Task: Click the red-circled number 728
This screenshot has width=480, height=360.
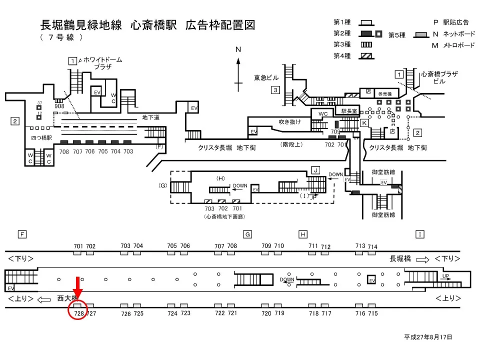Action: point(78,313)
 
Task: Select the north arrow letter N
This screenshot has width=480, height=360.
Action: point(238,49)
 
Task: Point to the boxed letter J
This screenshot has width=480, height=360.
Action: point(315,170)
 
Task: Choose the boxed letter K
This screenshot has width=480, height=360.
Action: point(364,122)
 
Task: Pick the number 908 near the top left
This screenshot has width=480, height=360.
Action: point(59,106)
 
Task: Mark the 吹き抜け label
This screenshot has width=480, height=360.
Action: point(290,121)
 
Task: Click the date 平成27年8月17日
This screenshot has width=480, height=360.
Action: point(428,337)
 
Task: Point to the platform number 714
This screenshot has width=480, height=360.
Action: point(372,247)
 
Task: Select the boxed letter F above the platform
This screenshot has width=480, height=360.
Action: point(21,234)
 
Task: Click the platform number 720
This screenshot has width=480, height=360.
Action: point(266,313)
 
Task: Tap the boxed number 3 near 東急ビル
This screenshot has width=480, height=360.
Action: point(275,90)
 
